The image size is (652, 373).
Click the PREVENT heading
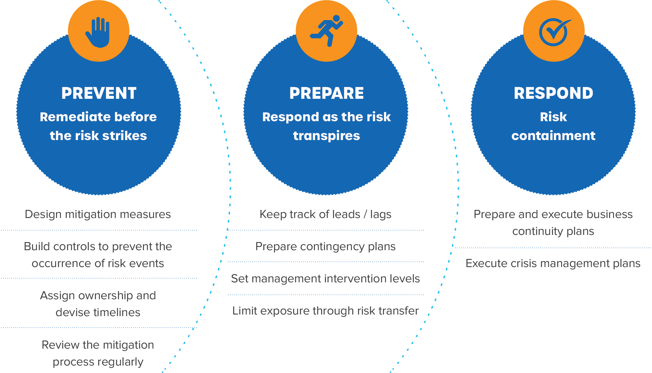99,93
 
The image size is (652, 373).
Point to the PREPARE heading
326,93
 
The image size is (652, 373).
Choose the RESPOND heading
553,93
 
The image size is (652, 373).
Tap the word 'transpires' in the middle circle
326,136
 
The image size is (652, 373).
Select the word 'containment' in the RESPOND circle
553,135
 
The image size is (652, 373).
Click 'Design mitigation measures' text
98,214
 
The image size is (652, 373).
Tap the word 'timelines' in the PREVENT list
117,313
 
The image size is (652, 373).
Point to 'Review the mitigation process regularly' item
98,354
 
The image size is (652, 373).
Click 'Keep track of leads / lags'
325,214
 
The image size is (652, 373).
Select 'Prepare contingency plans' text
325,247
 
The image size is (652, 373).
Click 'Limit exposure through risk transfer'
325,311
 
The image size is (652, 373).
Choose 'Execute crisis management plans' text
553,263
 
